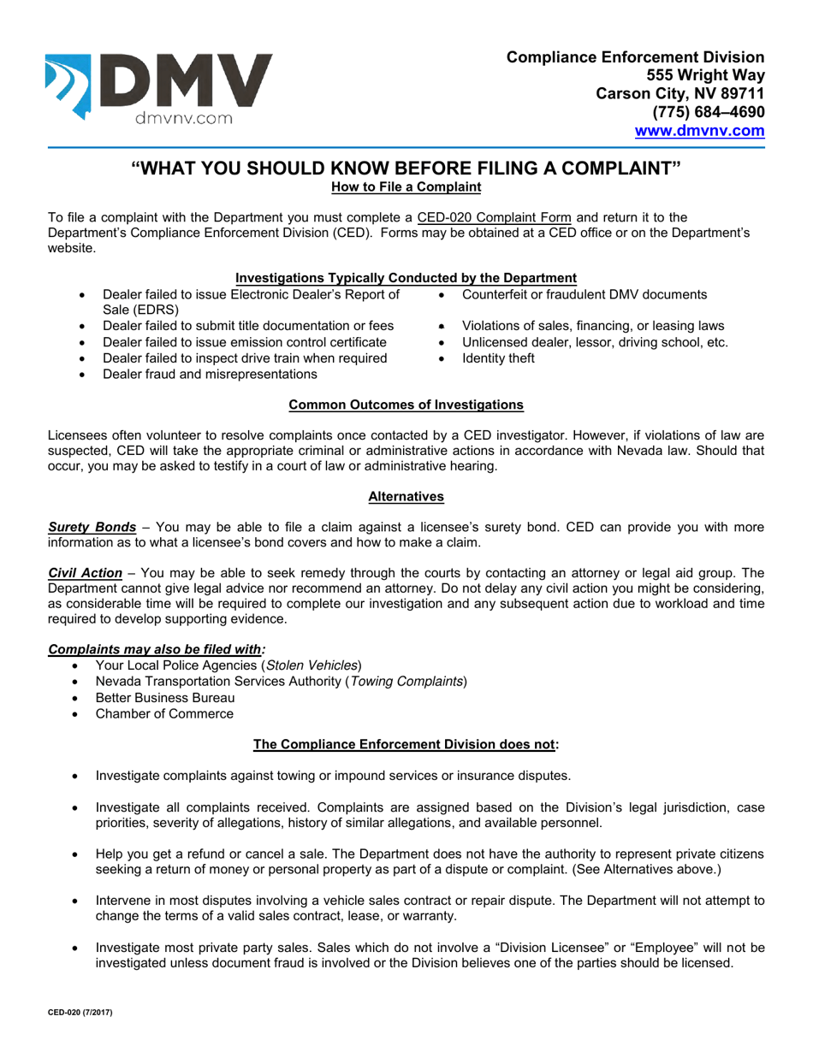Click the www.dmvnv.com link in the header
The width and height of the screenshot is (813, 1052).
(698, 131)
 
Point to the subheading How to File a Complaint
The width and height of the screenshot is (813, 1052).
(406, 186)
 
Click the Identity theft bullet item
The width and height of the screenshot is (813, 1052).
(498, 358)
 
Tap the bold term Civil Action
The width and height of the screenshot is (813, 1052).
(85, 573)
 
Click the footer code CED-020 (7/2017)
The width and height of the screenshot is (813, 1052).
(80, 1012)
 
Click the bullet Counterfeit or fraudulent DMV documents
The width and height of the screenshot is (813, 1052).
(585, 295)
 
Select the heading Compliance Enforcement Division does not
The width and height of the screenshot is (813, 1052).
(406, 744)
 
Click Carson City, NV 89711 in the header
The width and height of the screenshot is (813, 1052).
(679, 94)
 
